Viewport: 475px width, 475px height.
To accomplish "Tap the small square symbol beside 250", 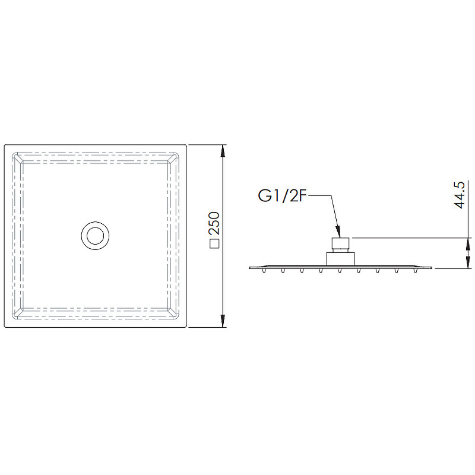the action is click(214, 244).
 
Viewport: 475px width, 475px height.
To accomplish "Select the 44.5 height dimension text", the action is click(460, 195).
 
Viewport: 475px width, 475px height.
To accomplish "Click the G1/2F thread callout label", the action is click(281, 196).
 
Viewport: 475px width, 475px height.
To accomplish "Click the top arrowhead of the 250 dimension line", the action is click(223, 151).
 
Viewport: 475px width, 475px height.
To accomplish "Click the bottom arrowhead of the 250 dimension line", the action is click(223, 321).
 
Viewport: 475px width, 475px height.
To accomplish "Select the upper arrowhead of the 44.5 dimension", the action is click(468, 243).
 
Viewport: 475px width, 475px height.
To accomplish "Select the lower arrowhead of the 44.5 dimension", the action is click(468, 262).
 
